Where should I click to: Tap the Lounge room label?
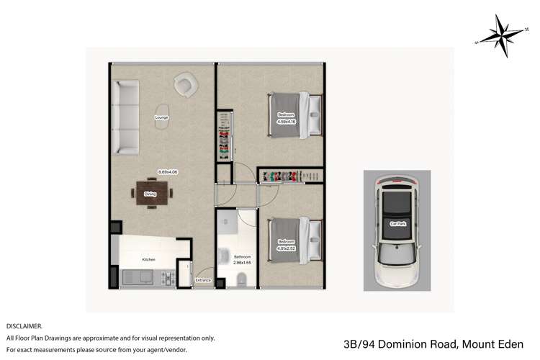coord(162,117)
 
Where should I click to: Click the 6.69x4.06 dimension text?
coord(168,171)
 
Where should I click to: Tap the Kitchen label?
coord(148,259)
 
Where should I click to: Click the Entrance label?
coord(203,281)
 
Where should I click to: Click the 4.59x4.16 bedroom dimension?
coord(286,121)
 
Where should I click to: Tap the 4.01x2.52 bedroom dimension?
coord(286,248)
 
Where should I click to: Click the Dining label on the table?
coord(150,194)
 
